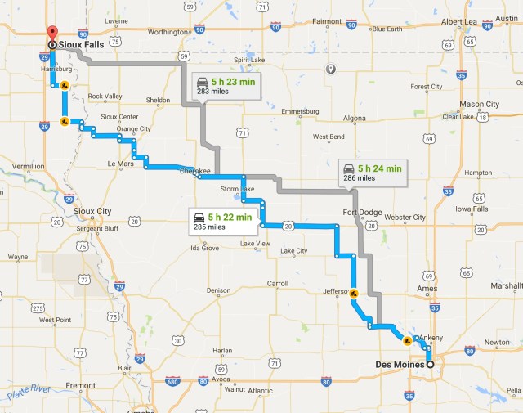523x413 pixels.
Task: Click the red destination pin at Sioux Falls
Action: [51, 33]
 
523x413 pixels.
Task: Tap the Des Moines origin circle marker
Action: [430, 364]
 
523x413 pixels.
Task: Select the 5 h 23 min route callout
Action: [226, 85]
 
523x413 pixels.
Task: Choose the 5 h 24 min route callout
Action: [373, 172]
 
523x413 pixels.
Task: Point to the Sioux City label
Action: [92, 211]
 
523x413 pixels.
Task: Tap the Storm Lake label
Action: [238, 189]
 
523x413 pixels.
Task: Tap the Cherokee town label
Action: [194, 171]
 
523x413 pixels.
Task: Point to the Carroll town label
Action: [278, 284]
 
